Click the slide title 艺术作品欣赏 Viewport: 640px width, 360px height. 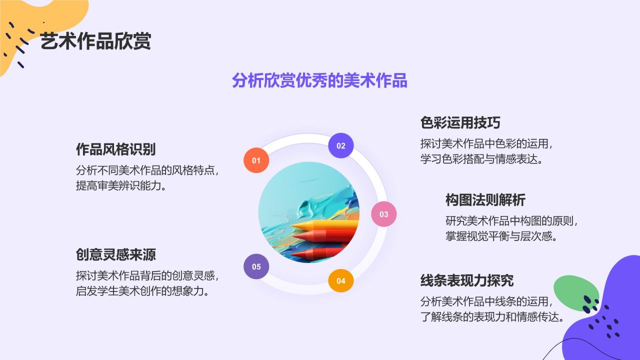[95, 41]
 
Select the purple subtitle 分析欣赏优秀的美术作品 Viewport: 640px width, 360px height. [319, 80]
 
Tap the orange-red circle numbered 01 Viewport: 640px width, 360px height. [256, 160]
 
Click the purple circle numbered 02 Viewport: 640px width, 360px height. [340, 146]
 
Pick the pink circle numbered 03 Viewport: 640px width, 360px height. [383, 214]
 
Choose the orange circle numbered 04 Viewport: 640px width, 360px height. [340, 280]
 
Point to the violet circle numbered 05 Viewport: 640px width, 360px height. [256, 266]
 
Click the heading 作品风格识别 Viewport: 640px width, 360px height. [115, 149]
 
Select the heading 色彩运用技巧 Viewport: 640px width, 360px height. [460, 122]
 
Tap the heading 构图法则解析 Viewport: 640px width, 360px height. [485, 200]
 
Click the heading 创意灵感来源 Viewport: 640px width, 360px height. [115, 254]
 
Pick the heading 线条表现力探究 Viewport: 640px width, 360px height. [466, 280]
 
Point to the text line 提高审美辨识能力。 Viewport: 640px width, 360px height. [120, 186]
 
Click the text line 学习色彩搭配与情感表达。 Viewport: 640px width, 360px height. [481, 159]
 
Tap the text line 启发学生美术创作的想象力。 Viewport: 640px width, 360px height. [141, 291]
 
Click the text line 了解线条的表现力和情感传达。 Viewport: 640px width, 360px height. [492, 317]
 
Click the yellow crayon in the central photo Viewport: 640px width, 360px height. [330, 225]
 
